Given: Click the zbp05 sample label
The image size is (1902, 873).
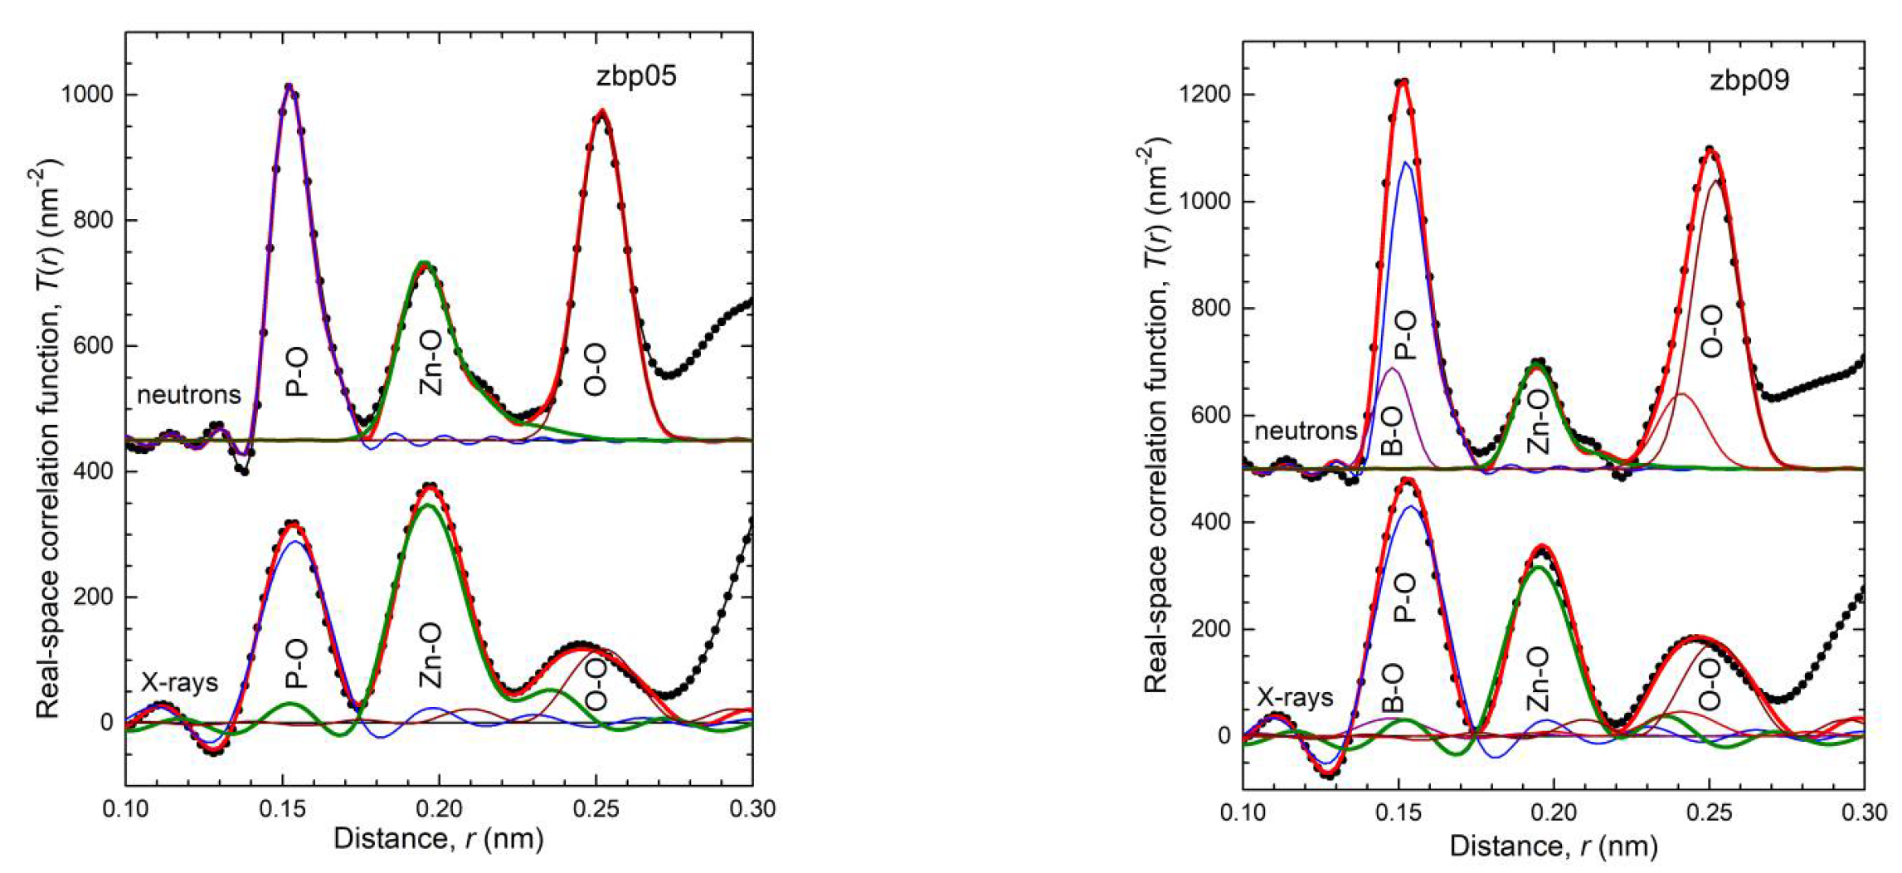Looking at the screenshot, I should click(x=636, y=76).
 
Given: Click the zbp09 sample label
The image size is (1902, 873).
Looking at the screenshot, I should click(x=1749, y=80).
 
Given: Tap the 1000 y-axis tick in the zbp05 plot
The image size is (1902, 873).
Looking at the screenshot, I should click(x=86, y=95).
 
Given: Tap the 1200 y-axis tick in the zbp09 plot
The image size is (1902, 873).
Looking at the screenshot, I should click(x=1204, y=95).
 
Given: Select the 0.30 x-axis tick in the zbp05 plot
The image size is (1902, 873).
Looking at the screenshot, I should click(x=752, y=808).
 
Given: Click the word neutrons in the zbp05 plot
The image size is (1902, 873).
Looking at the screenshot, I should click(x=188, y=395).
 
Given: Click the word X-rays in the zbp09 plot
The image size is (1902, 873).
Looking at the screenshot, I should click(x=1295, y=698).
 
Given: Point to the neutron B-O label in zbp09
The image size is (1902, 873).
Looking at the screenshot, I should click(x=1394, y=431).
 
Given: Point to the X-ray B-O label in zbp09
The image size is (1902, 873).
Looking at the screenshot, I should click(x=1394, y=688).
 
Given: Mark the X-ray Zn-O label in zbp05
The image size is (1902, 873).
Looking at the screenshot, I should click(x=431, y=656).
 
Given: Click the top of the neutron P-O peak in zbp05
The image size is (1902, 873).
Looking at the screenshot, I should click(x=289, y=85).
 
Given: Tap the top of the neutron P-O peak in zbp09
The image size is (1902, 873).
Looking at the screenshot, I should click(x=1403, y=81).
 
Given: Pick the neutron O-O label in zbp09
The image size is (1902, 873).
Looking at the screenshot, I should click(x=1711, y=331).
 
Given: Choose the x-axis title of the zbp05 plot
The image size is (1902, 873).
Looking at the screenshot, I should click(x=438, y=839).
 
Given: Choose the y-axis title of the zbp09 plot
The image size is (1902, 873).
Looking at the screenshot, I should click(x=1155, y=415).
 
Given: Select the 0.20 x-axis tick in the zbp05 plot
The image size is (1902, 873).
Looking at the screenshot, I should click(x=439, y=808).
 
